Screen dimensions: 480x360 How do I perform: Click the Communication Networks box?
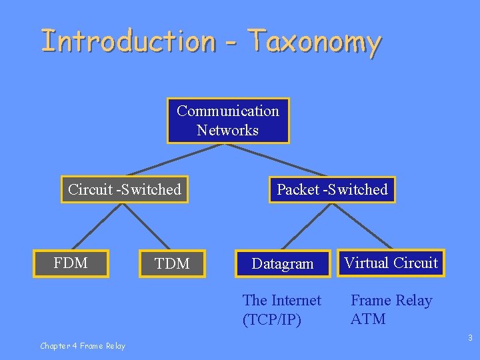coord(228,121)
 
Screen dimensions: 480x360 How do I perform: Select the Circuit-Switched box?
coord(125,189)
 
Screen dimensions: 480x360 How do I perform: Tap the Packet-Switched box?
coord(332,189)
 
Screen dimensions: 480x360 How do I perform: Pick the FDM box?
coord(71,263)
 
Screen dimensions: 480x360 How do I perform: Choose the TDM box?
coord(172,263)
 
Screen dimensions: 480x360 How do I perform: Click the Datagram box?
coord(283,263)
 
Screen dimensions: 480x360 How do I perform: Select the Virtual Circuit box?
coord(391,263)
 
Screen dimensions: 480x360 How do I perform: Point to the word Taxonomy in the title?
coord(314,41)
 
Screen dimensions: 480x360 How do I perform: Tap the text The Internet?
coord(282,301)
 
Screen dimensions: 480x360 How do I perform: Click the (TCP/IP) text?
coord(272,320)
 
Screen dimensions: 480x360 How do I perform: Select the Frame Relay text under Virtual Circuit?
coord(391,301)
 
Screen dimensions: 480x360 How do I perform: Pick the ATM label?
coord(368,319)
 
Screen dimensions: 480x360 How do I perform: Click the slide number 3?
coord(469,338)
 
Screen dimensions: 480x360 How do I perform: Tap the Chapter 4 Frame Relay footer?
coord(82,345)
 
